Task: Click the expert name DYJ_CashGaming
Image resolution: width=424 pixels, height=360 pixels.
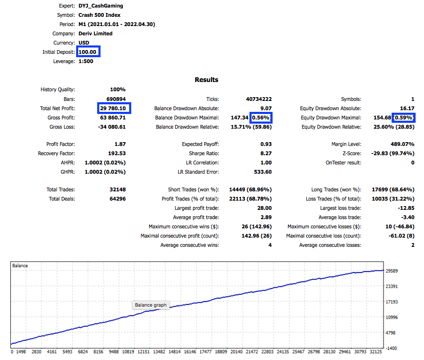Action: pos(101,5)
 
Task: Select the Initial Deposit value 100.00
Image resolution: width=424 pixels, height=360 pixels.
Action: pos(87,52)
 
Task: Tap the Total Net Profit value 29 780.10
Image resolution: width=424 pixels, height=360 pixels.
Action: pos(113,109)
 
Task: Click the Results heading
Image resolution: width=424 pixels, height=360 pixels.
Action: pos(206,80)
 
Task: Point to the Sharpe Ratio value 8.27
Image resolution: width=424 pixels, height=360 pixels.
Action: pos(266,154)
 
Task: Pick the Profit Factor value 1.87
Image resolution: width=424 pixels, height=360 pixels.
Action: pos(120,144)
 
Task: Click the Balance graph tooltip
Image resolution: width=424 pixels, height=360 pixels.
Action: pos(151,305)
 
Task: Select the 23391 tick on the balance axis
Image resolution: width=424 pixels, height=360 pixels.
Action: pos(392,286)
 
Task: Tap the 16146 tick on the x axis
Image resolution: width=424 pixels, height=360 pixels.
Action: pos(190,352)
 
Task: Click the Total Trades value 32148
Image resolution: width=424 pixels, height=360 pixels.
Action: pos(118,189)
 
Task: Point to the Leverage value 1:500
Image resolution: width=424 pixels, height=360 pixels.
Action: pos(86,61)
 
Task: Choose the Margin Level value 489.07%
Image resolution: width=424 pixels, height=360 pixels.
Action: pos(403,144)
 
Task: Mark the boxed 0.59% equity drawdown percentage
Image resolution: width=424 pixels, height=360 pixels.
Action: pos(404,118)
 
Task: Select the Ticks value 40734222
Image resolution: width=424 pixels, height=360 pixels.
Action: pos(259,99)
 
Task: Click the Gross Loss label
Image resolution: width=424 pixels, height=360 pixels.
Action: pos(62,127)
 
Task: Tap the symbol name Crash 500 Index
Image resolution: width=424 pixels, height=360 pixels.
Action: pos(99,15)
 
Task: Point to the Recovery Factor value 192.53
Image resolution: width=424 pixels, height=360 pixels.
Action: pos(117,154)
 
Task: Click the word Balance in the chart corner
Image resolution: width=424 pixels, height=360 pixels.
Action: pos(20,266)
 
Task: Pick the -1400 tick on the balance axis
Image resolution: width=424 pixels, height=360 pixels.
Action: pos(391,348)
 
